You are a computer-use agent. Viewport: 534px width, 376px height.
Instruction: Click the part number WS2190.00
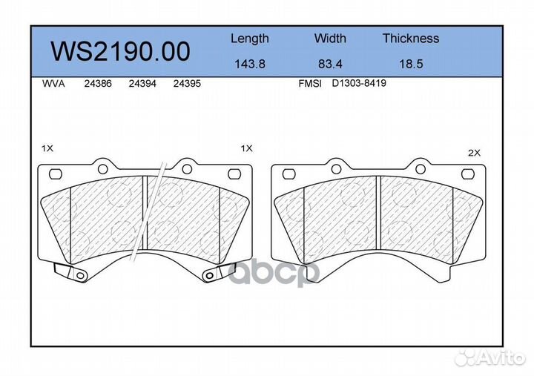[120, 51]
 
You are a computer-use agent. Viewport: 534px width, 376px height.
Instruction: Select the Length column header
[250, 39]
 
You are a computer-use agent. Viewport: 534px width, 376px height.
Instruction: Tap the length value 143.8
[250, 64]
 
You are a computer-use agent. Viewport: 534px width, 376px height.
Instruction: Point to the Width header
[330, 38]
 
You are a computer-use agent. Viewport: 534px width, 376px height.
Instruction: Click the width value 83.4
[330, 64]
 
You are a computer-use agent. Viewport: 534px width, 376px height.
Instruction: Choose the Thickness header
[411, 38]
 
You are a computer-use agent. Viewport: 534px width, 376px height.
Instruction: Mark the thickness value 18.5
[411, 64]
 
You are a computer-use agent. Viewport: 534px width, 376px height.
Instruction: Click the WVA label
[53, 84]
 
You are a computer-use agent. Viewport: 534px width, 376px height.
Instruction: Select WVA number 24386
[98, 84]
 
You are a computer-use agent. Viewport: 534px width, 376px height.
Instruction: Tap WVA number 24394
[142, 84]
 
